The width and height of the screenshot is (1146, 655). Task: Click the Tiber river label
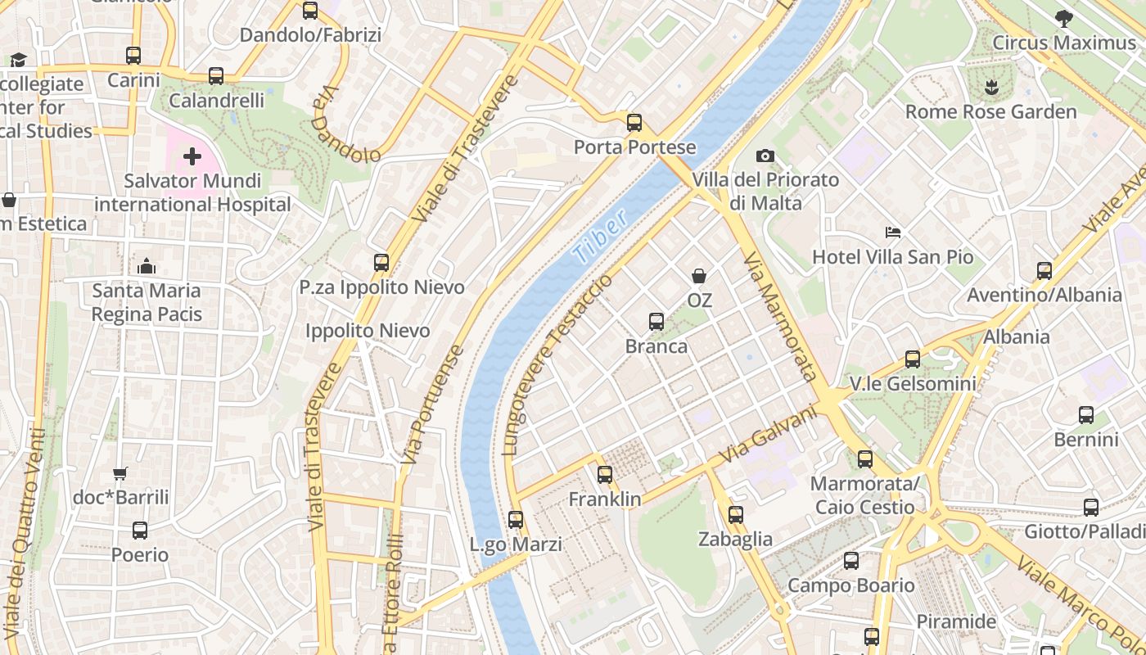click(601, 237)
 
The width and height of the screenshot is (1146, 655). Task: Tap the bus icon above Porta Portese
click(634, 123)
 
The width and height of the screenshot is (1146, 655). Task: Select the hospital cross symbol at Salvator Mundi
click(192, 156)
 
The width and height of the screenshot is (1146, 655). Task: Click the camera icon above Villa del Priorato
click(765, 156)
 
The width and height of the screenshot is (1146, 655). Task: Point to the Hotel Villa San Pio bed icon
click(893, 233)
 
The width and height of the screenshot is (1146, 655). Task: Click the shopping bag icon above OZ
click(699, 276)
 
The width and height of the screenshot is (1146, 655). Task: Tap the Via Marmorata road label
click(780, 317)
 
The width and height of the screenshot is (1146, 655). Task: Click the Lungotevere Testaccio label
click(557, 365)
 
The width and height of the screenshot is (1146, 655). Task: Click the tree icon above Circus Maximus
click(1063, 18)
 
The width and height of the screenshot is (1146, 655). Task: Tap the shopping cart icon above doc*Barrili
click(120, 473)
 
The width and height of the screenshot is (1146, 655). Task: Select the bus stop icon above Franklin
click(605, 474)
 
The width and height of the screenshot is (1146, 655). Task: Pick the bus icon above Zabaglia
click(736, 514)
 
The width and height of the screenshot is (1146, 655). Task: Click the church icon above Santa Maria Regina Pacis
click(147, 266)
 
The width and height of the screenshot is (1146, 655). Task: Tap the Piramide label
click(956, 621)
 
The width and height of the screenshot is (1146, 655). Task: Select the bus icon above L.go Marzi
click(516, 519)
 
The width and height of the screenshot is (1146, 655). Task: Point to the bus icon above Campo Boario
click(851, 561)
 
